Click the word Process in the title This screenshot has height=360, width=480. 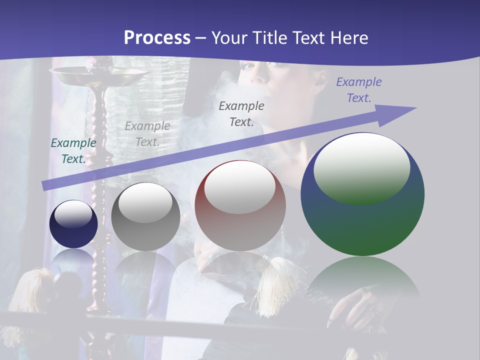pyautogui.click(x=157, y=37)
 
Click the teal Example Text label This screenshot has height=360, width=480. pyautogui.click(x=73, y=151)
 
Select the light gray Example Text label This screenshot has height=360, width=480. pyautogui.click(x=147, y=134)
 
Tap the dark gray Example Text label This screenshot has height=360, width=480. pyautogui.click(x=241, y=113)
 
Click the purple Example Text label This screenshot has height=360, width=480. pyautogui.click(x=359, y=90)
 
